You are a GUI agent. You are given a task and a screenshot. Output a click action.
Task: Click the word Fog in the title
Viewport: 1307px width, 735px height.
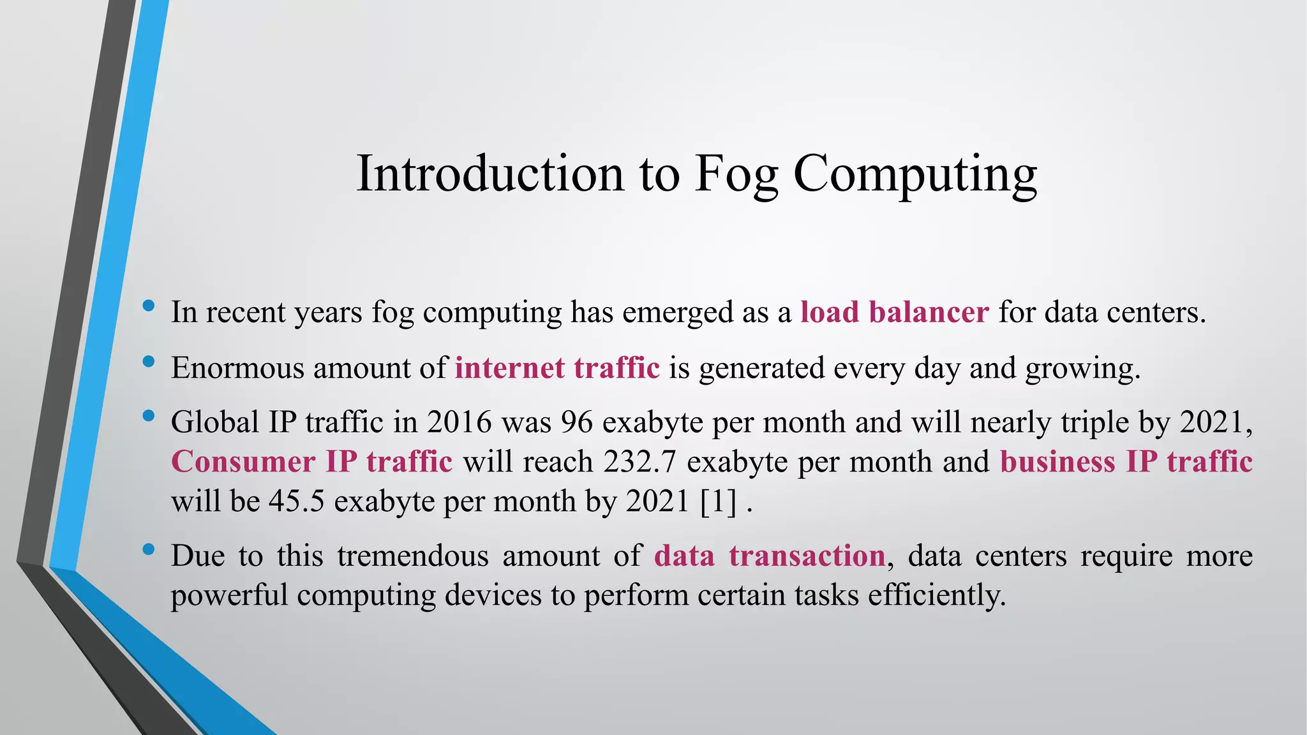pyautogui.click(x=736, y=174)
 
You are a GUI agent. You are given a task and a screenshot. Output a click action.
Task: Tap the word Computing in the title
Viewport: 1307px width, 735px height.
pyautogui.click(x=915, y=174)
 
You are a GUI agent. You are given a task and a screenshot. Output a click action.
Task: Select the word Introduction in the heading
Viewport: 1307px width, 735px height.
pyautogui.click(x=489, y=174)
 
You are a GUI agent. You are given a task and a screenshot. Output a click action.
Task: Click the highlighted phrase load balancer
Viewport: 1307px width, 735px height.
pyautogui.click(x=895, y=313)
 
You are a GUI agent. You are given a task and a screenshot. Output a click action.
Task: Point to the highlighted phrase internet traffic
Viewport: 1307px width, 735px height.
pyautogui.click(x=557, y=368)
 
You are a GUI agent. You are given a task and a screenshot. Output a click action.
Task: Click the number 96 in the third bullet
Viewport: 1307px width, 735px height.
pyautogui.click(x=577, y=422)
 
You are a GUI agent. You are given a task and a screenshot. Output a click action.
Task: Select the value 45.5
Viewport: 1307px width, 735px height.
pyautogui.click(x=297, y=501)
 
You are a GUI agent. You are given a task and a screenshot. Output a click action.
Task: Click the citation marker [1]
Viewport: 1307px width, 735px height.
pyautogui.click(x=718, y=501)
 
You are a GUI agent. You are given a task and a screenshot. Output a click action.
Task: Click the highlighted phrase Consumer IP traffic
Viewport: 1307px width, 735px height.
pyautogui.click(x=311, y=462)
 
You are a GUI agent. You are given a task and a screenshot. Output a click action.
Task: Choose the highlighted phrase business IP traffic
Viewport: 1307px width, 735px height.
pyautogui.click(x=1126, y=462)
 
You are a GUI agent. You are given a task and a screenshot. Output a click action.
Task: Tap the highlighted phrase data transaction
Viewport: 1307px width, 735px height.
pyautogui.click(x=770, y=556)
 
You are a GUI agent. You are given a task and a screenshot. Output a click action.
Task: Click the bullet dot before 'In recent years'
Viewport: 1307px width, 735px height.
pyautogui.click(x=149, y=306)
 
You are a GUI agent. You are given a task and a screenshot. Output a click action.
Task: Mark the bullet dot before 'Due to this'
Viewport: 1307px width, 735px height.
pyautogui.click(x=149, y=549)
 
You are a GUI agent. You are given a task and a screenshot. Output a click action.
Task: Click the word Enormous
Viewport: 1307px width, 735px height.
pyautogui.click(x=237, y=368)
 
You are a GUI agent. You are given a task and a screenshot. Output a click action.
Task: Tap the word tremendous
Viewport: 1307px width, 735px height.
pyautogui.click(x=412, y=556)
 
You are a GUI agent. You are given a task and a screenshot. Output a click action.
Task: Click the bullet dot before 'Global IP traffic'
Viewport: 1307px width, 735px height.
pyautogui.click(x=149, y=416)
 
